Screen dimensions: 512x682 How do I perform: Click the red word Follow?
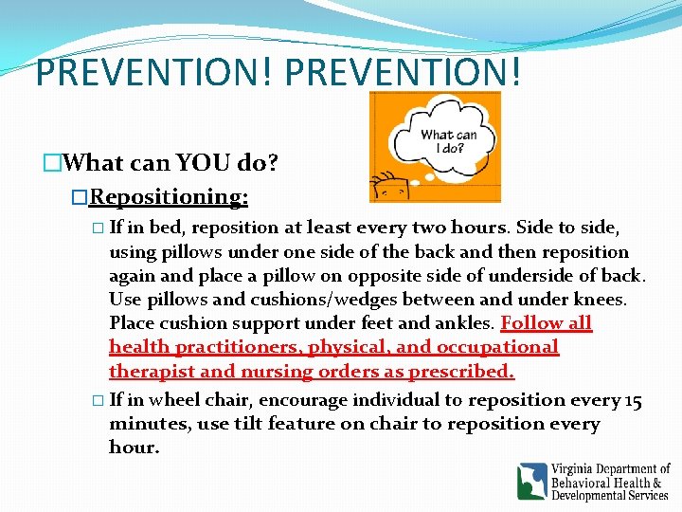[x=533, y=323]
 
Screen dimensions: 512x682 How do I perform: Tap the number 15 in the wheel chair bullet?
[x=632, y=400]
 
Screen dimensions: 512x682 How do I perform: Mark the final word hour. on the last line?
[x=134, y=448]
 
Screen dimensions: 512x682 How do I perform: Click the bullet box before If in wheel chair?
[x=99, y=401]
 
